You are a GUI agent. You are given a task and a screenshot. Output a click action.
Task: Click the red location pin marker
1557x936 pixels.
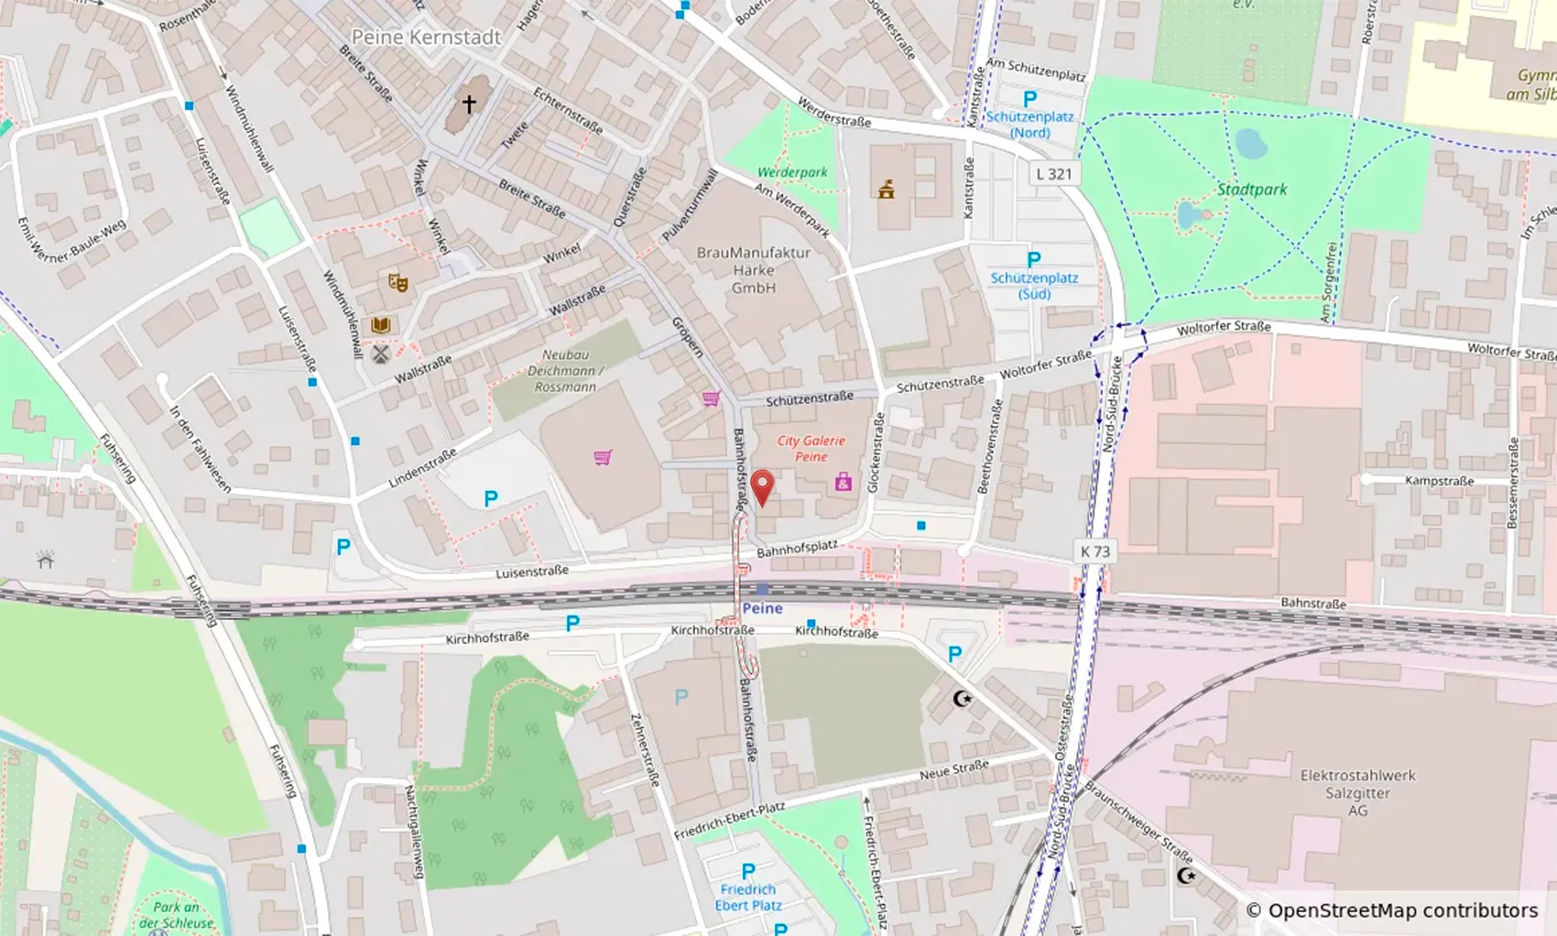point(762,485)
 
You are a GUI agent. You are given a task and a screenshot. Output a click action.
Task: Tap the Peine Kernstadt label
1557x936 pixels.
point(427,38)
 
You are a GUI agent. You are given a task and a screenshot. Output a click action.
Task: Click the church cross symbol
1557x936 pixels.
point(469,104)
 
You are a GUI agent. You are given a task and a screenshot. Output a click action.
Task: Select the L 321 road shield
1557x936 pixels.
point(1053,174)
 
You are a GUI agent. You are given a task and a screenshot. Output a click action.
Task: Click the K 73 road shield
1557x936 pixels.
point(1094,551)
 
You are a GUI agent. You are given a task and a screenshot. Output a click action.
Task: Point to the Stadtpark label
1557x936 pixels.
point(1251,190)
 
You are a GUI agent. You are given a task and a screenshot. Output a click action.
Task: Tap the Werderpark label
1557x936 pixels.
point(792,172)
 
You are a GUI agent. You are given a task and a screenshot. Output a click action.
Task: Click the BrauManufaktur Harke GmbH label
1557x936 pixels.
point(753,270)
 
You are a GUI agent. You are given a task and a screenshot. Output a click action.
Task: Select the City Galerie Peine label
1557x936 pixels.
point(811,449)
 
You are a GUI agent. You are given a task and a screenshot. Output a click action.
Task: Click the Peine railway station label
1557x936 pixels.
point(762,608)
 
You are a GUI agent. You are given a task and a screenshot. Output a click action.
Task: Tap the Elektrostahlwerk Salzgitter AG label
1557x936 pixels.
point(1357,792)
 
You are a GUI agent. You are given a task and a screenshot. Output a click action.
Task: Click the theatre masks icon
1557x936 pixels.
point(397,283)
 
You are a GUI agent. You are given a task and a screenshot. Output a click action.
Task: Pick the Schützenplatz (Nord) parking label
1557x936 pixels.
point(1029,125)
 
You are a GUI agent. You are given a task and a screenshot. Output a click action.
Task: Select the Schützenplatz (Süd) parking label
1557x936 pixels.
point(1034,285)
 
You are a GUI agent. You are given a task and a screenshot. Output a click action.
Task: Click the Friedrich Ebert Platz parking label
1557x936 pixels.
point(748,897)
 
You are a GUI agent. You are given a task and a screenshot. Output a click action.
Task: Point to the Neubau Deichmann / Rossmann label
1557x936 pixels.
point(565,371)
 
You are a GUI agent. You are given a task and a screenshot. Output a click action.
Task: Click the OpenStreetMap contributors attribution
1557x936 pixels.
point(1391,910)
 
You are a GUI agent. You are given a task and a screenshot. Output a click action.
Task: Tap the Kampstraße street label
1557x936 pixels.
point(1439,481)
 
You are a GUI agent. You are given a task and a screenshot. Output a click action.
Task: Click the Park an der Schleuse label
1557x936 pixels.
point(177,915)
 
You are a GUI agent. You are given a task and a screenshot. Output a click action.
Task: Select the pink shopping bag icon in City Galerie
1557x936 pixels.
point(844,482)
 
